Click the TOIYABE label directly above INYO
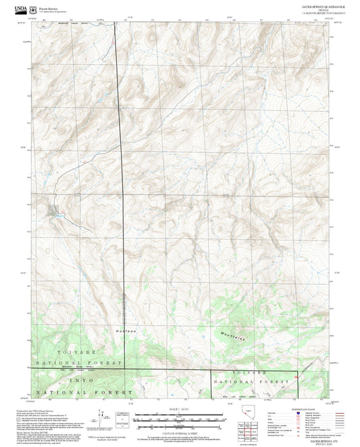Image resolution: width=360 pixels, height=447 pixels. point(45,352)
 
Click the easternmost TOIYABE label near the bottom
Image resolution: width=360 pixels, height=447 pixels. point(243,372)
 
